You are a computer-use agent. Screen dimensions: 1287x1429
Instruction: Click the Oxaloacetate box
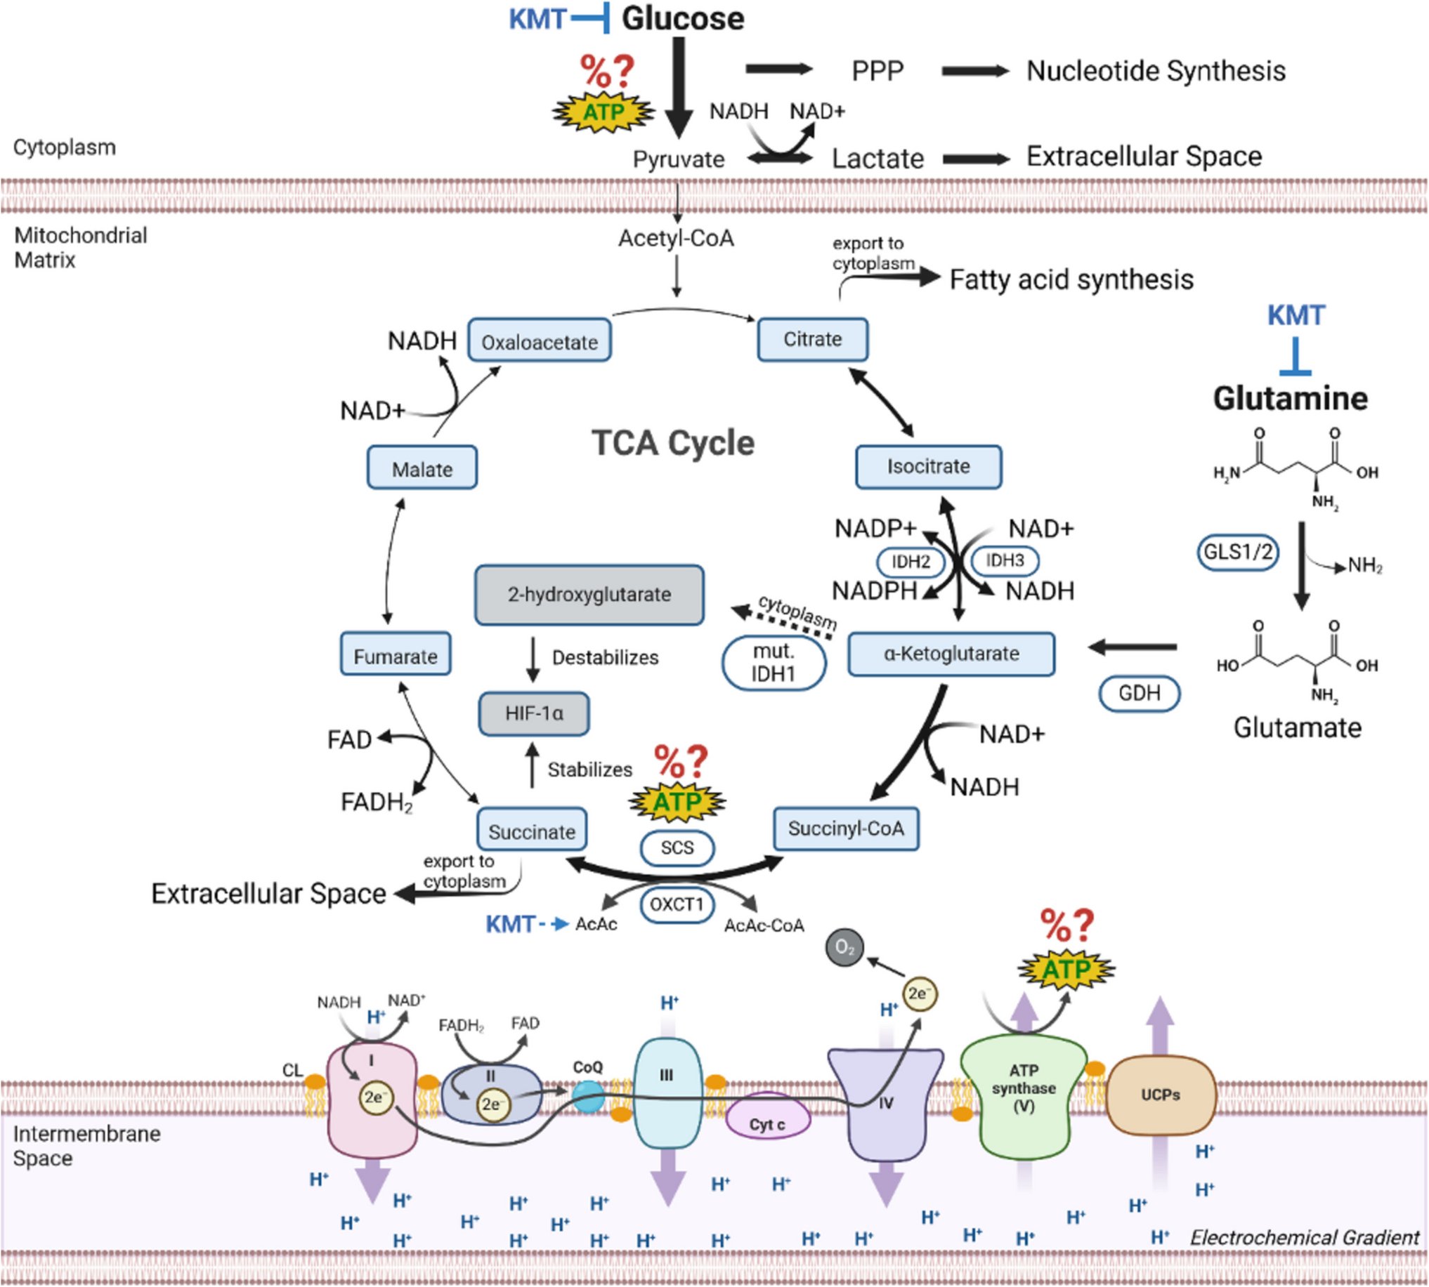(x=540, y=341)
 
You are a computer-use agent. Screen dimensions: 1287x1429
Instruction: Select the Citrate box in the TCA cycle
(x=812, y=339)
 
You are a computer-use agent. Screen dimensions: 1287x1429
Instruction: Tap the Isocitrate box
(x=928, y=467)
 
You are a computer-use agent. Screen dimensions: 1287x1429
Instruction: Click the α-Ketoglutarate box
(x=951, y=654)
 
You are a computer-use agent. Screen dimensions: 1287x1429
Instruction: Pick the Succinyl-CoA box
(x=845, y=828)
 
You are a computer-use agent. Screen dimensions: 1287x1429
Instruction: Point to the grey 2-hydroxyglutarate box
(x=589, y=595)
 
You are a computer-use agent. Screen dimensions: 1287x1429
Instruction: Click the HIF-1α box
(x=534, y=713)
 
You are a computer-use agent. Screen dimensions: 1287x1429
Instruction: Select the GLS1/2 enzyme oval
(x=1238, y=552)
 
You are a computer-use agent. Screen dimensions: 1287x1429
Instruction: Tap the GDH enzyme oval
(x=1139, y=693)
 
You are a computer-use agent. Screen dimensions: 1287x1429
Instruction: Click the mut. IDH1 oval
(x=774, y=664)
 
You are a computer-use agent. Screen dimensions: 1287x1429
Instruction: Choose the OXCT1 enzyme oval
(x=677, y=904)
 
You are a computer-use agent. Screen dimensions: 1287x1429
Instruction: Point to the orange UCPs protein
(x=1160, y=1095)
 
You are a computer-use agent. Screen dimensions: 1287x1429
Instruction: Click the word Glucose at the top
(x=683, y=18)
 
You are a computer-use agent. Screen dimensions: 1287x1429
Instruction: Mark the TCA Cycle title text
(x=673, y=443)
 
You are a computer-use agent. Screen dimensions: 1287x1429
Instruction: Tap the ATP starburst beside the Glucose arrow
(x=603, y=111)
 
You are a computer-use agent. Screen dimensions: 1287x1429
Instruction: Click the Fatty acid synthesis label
(x=1071, y=279)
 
